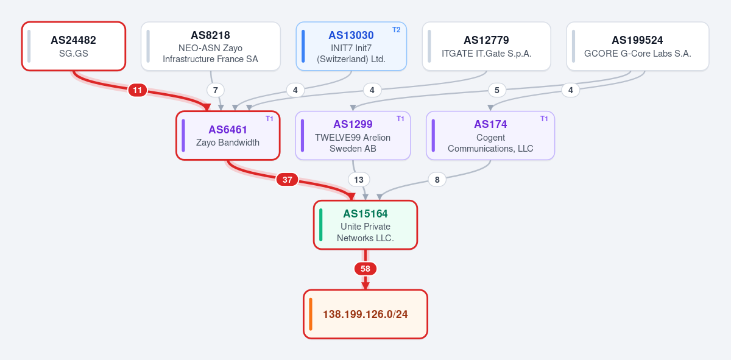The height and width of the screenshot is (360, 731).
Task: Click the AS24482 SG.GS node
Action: click(74, 46)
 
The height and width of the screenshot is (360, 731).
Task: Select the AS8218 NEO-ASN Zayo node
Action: click(211, 46)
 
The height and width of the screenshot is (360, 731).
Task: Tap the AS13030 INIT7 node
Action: click(351, 46)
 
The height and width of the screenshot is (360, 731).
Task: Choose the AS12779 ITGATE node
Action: click(486, 46)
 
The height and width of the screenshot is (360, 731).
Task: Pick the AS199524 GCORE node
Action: click(638, 46)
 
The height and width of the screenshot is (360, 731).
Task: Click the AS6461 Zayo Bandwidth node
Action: click(228, 135)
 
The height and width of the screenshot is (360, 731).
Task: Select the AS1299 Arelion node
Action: click(353, 135)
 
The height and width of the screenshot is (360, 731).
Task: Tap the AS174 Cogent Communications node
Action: click(490, 135)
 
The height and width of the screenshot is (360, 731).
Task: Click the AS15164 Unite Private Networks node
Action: click(365, 225)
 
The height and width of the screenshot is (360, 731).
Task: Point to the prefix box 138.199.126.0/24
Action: click(365, 314)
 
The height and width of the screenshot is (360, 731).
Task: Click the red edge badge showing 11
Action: click(138, 90)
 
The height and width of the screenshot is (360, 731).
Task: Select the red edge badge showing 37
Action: click(287, 180)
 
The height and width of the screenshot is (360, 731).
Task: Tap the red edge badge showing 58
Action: click(365, 269)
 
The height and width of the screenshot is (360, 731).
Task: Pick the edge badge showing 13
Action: click(359, 180)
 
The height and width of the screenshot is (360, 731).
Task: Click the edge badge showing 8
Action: click(437, 180)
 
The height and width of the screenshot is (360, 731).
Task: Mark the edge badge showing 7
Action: click(216, 90)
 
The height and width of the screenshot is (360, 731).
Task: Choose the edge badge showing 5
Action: click(496, 90)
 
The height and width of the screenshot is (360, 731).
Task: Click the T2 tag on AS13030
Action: click(396, 30)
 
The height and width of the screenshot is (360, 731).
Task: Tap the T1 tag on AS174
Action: click(544, 119)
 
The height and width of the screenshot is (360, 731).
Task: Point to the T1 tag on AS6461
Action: click(269, 119)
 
